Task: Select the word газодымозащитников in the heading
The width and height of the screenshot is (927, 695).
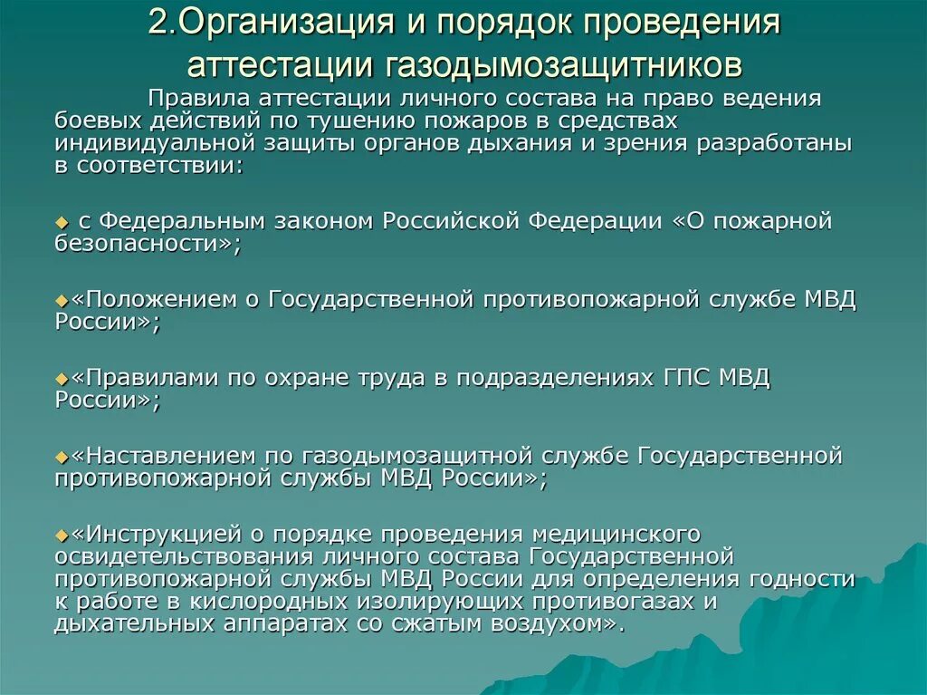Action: [567, 64]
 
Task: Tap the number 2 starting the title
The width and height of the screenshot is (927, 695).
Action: [157, 24]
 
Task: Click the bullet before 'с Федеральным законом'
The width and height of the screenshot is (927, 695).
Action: [61, 222]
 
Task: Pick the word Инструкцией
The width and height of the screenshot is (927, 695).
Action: [164, 534]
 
